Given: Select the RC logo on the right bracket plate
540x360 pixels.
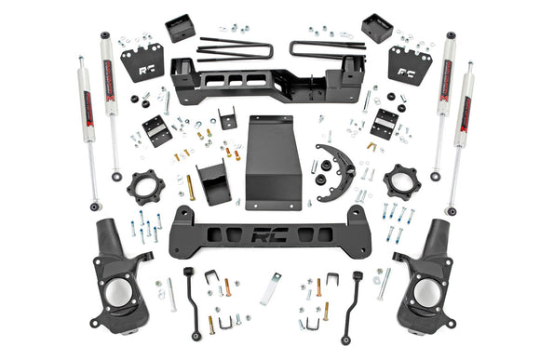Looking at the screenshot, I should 408,70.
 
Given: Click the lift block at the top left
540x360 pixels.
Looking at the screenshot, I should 180,29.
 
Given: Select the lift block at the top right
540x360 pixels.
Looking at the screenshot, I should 377,29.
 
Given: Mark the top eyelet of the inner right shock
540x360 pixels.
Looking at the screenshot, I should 451,38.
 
